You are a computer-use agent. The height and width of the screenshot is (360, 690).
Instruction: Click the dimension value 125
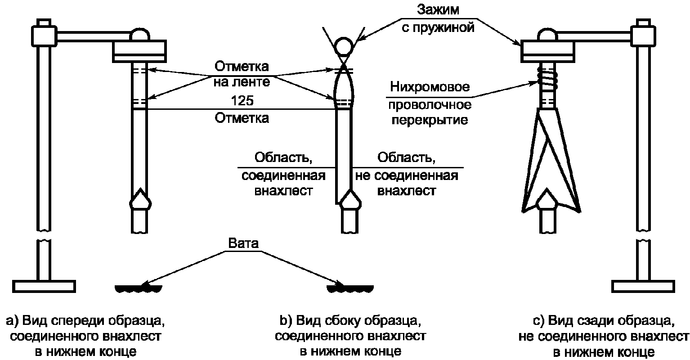[x=242, y=100]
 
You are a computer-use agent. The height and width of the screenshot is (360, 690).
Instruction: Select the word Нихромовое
[x=430, y=87]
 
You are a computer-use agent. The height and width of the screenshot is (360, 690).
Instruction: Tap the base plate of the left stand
[x=43, y=286]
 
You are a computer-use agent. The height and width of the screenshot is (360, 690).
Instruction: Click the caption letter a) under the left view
[x=12, y=321]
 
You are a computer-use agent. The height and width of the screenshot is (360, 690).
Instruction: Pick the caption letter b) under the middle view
[x=287, y=321]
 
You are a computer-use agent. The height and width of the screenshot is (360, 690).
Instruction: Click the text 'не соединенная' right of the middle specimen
[x=407, y=175]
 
